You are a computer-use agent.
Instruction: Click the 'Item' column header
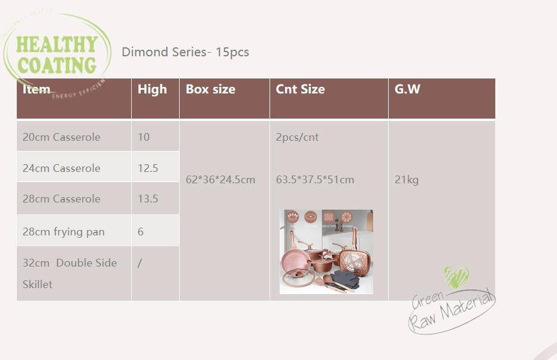pyautogui.click(x=37, y=90)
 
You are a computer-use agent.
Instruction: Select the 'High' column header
pyautogui.click(x=152, y=89)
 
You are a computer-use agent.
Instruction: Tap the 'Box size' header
pyautogui.click(x=210, y=89)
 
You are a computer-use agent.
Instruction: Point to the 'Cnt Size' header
pyautogui.click(x=300, y=89)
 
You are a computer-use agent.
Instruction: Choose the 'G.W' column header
pyautogui.click(x=407, y=89)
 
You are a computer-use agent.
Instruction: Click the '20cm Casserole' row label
pyautogui.click(x=62, y=137)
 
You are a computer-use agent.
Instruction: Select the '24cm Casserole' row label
pyautogui.click(x=62, y=168)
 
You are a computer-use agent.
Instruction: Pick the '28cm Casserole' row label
pyautogui.click(x=62, y=199)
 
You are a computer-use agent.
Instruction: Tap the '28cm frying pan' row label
pyautogui.click(x=63, y=232)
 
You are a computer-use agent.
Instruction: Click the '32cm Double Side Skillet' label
pyautogui.click(x=69, y=273)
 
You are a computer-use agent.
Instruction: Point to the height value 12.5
pyautogui.click(x=148, y=168)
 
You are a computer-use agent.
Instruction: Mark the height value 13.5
pyautogui.click(x=148, y=199)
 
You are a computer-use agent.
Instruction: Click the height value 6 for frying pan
pyautogui.click(x=141, y=232)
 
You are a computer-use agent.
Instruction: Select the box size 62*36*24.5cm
pyautogui.click(x=220, y=180)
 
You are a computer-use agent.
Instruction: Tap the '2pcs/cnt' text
pyautogui.click(x=297, y=137)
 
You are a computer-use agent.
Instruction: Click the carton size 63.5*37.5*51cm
pyautogui.click(x=315, y=180)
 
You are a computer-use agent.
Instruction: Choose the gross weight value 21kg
pyautogui.click(x=407, y=180)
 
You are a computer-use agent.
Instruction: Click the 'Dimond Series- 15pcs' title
pyautogui.click(x=185, y=52)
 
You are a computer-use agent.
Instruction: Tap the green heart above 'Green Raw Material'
pyautogui.click(x=456, y=277)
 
